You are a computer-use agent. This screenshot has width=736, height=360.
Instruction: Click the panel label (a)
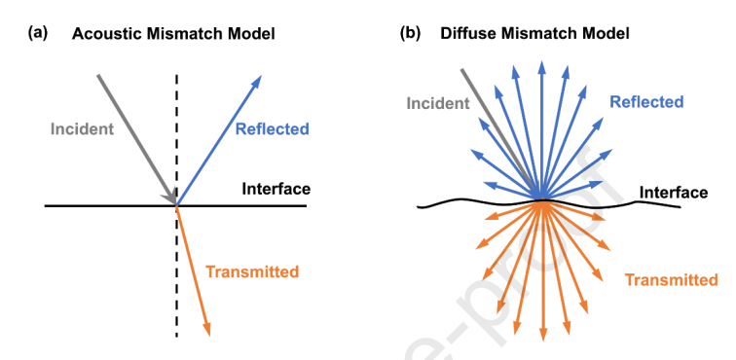tap(38, 34)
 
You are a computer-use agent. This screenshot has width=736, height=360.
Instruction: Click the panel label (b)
tap(410, 34)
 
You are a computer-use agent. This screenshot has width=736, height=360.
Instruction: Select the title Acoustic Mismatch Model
tap(173, 34)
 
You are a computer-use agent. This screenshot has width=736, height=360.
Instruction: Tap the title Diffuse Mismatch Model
tap(534, 34)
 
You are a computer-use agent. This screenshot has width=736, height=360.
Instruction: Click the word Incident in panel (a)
tap(82, 129)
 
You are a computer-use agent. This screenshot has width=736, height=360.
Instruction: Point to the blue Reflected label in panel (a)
tap(273, 129)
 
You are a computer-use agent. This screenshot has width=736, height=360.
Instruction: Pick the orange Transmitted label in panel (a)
tap(252, 271)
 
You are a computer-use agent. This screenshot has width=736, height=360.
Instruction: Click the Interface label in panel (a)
tap(276, 189)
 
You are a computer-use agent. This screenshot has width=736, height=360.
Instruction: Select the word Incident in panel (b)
tap(438, 103)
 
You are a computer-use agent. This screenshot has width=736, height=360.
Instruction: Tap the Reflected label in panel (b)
tap(646, 102)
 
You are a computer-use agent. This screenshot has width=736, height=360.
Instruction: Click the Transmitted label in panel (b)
tap(671, 280)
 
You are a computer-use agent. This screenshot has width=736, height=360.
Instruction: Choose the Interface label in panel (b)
tap(674, 193)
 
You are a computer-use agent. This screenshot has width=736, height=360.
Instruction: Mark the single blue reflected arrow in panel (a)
tap(218, 140)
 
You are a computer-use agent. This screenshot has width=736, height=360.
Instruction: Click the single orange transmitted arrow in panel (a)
tap(193, 271)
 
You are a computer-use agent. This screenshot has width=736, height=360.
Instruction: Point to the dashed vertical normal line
tap(176, 205)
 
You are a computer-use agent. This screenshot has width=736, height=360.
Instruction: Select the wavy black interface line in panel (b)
tap(549, 203)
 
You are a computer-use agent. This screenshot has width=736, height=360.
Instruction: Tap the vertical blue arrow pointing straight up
tap(542, 130)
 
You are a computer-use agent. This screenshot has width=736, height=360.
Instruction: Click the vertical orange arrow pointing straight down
tap(543, 271)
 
